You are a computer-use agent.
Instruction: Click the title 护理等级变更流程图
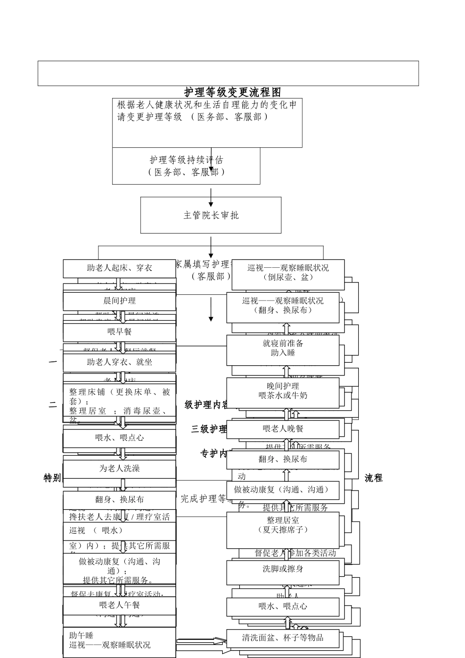[232, 92]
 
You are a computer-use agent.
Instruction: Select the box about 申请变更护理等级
[207, 122]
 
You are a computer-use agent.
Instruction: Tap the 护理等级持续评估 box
[186, 166]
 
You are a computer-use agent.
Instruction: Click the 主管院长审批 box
[210, 215]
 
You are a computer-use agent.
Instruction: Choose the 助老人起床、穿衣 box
[119, 268]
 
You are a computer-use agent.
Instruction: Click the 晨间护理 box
[119, 301]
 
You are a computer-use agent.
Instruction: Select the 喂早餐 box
[119, 332]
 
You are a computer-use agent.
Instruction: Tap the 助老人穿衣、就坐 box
[119, 363]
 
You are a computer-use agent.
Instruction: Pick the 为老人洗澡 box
[119, 469]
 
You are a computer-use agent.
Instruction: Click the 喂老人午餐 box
[119, 606]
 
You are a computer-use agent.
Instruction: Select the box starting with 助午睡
[119, 641]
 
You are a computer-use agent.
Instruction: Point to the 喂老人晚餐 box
[283, 429]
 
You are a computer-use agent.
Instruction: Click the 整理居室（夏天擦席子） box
[283, 530]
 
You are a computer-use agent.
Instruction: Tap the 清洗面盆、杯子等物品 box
[283, 638]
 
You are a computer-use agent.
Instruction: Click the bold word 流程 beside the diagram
[373, 478]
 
